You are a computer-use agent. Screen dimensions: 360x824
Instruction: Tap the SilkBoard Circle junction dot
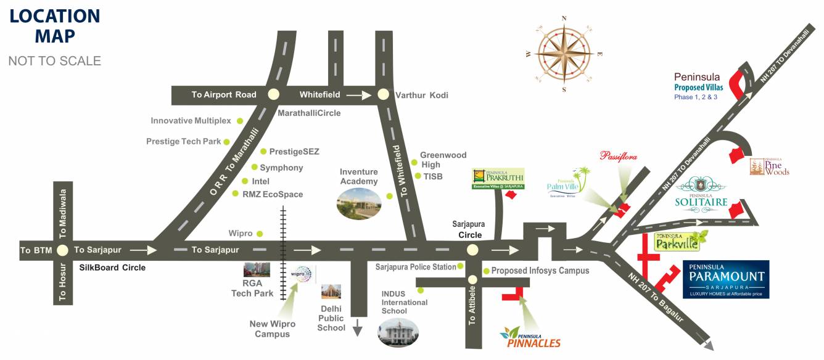pyautogui.click(x=62, y=250)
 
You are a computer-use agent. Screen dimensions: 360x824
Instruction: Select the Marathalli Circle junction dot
pyautogui.click(x=273, y=94)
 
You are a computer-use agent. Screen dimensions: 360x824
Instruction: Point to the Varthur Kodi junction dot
pyautogui.click(x=383, y=95)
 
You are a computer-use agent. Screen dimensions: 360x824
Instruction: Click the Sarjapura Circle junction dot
pyautogui.click(x=472, y=250)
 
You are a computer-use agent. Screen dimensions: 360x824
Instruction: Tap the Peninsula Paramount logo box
pyautogui.click(x=726, y=279)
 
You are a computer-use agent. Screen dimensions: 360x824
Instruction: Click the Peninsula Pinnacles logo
pyautogui.click(x=530, y=338)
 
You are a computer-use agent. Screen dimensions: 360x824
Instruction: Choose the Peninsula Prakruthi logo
pyautogui.click(x=498, y=178)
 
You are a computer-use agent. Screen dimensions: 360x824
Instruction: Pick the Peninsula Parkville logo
pyautogui.click(x=680, y=241)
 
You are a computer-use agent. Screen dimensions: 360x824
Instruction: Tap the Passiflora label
pyautogui.click(x=618, y=156)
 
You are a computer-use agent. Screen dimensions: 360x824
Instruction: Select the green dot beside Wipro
pyautogui.click(x=260, y=234)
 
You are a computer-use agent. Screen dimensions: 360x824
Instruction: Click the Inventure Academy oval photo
pyautogui.click(x=359, y=203)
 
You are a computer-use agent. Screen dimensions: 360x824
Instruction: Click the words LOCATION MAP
pyautogui.click(x=54, y=26)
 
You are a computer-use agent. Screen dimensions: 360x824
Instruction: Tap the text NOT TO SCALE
pyautogui.click(x=54, y=61)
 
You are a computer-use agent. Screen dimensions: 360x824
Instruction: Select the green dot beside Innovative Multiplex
pyautogui.click(x=240, y=121)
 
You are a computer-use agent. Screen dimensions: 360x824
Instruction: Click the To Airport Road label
pyautogui.click(x=223, y=95)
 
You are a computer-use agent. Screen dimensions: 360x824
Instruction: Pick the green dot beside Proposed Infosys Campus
pyautogui.click(x=486, y=271)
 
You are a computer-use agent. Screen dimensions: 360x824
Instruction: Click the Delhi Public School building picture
pyautogui.click(x=331, y=292)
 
